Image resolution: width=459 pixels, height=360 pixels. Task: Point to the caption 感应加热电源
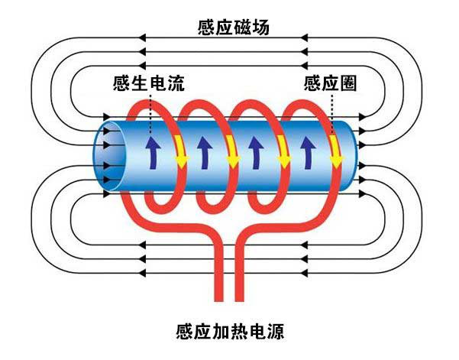click(229, 332)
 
